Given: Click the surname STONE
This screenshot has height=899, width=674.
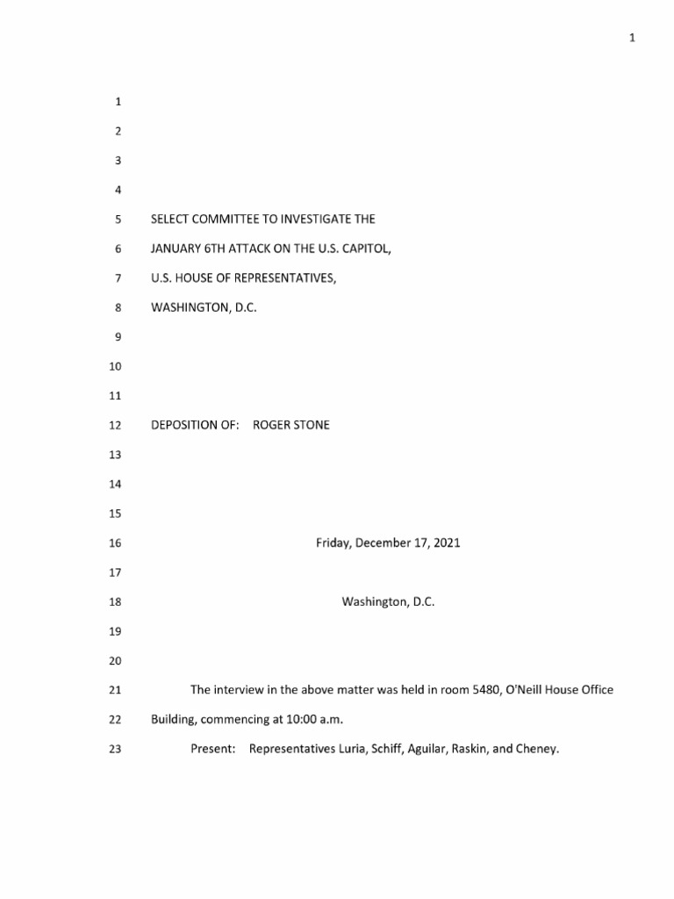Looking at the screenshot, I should pos(312,425).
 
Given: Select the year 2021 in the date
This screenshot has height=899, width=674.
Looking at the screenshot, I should pos(445,543).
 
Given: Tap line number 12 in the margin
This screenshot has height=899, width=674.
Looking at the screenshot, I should pos(114,425).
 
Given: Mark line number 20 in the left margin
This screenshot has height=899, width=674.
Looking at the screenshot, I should pos(114,661).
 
